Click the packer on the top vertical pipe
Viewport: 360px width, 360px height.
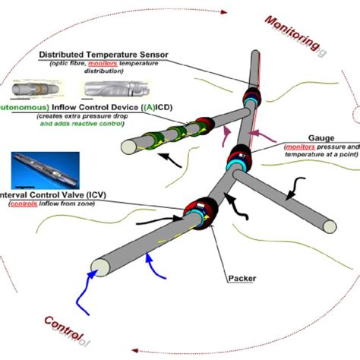[x=250, y=99]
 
